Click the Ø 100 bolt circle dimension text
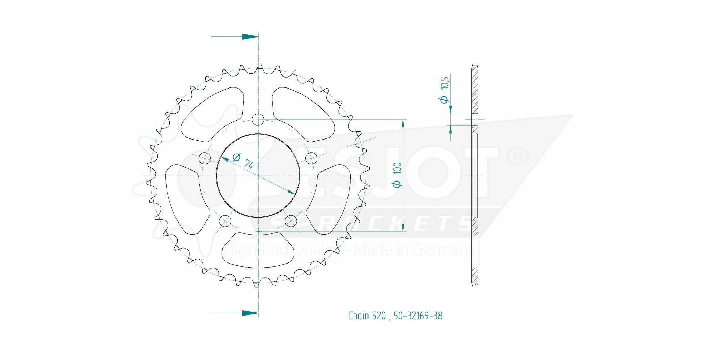(397, 175)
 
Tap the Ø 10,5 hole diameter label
(445, 90)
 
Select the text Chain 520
(367, 316)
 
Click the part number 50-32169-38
(418, 316)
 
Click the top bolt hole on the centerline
(258, 120)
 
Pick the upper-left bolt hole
(205, 158)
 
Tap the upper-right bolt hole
(311, 158)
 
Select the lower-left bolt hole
(225, 221)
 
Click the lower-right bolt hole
(291, 221)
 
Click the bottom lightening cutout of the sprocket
(258, 250)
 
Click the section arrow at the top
(250, 37)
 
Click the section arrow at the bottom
(250, 313)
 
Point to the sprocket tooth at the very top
(260, 66)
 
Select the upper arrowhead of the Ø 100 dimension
(403, 123)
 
